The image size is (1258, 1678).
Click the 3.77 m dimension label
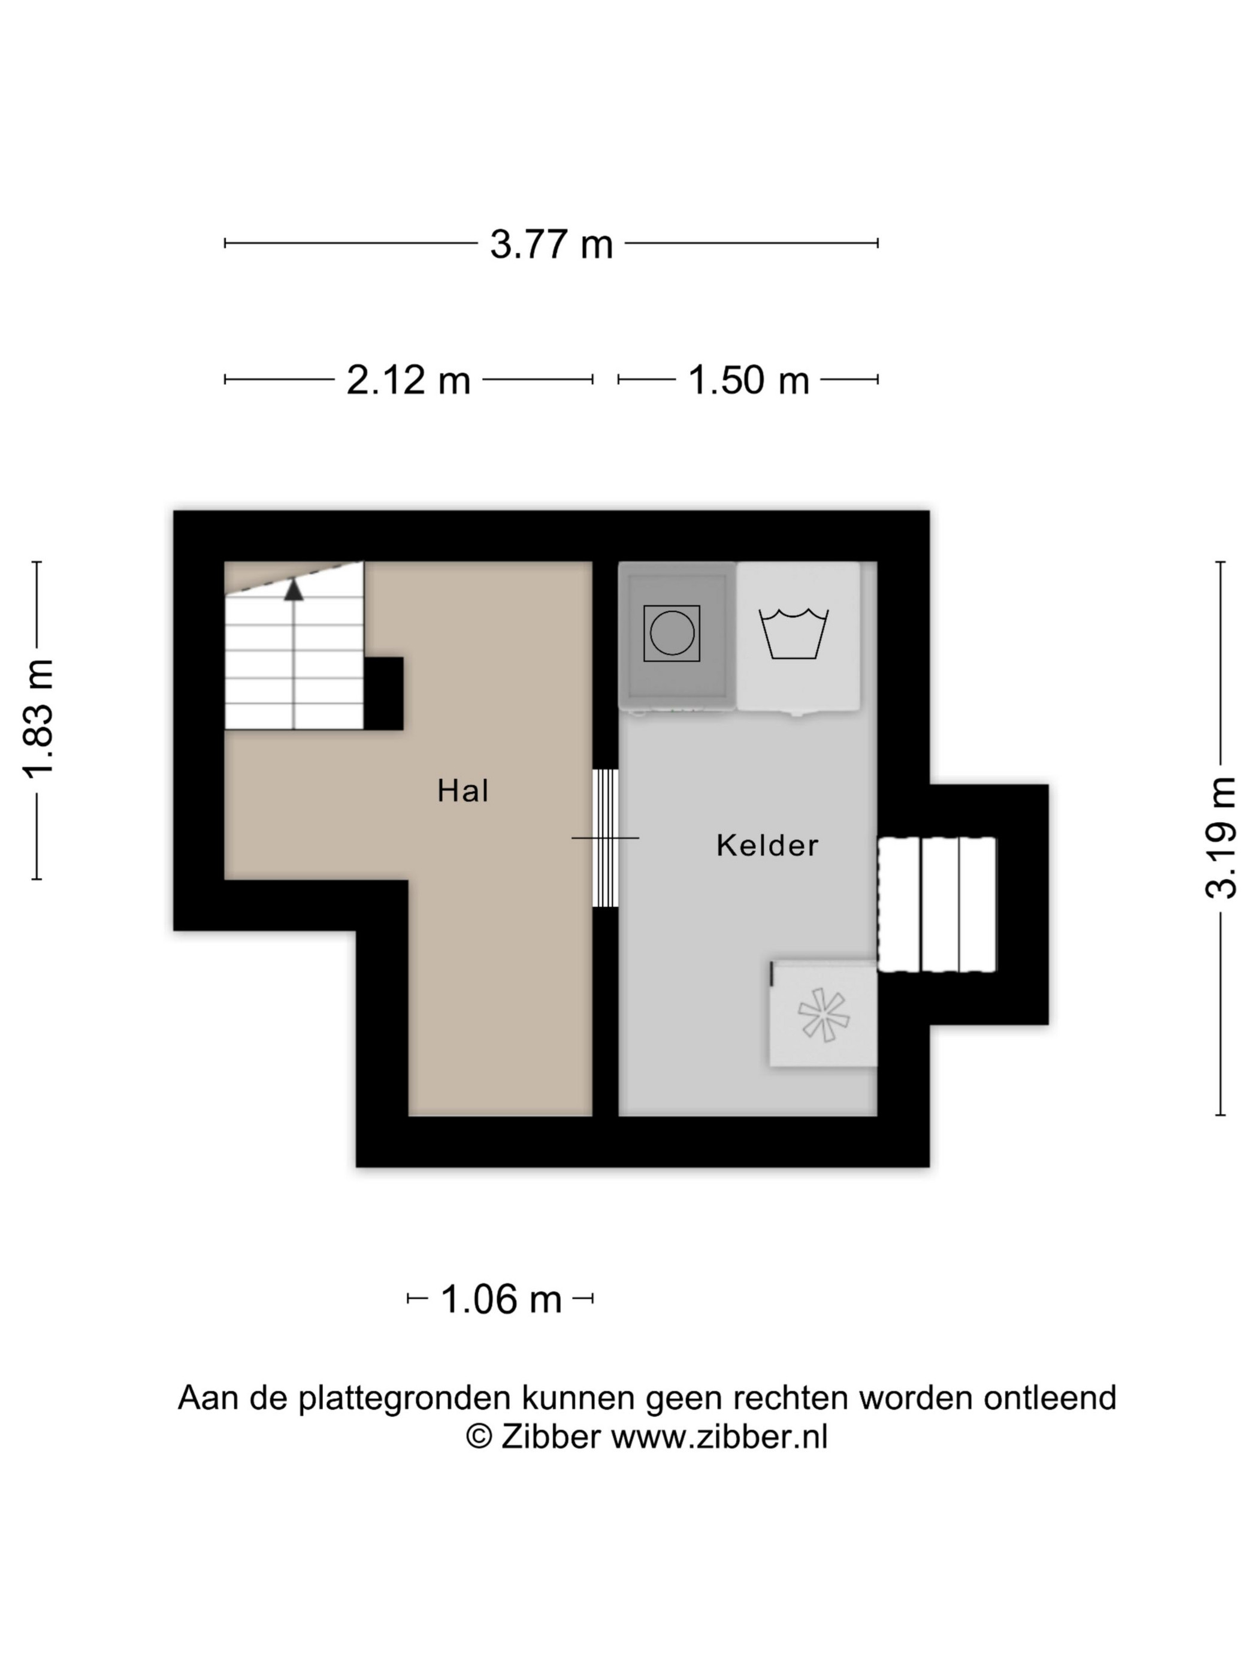[x=551, y=245]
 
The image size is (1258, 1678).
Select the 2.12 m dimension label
[x=408, y=380]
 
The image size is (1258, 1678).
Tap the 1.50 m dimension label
[x=748, y=380]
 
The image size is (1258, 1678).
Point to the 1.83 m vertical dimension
[x=38, y=720]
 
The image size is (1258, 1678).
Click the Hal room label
[x=462, y=790]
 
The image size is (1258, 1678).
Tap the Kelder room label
[x=767, y=845]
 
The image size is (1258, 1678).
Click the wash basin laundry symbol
[x=793, y=633]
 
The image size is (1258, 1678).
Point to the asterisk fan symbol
[x=824, y=1014]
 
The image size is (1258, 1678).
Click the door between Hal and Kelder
[x=605, y=838]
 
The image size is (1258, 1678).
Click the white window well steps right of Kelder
[x=936, y=904]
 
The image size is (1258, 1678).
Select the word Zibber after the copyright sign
[x=551, y=1436]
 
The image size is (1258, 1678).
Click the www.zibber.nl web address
[x=719, y=1436]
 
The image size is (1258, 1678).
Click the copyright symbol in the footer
[x=479, y=1436]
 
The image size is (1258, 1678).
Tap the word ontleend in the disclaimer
[x=1050, y=1398]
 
